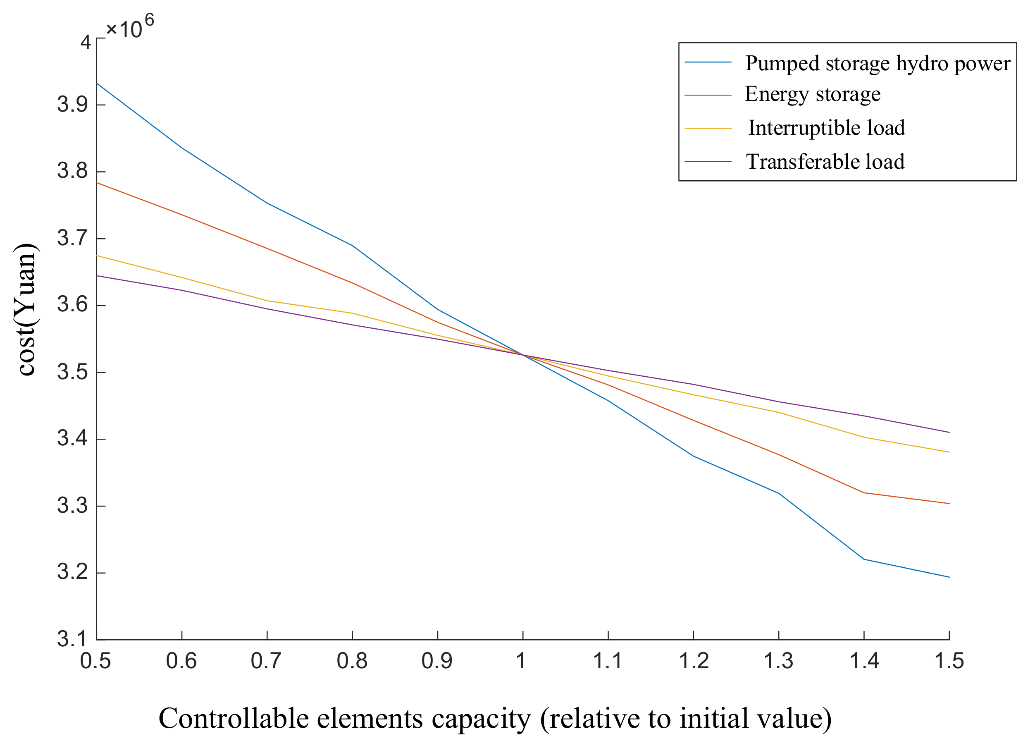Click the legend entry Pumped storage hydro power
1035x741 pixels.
coord(877,63)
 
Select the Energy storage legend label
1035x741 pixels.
coord(812,94)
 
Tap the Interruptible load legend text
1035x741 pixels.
coord(827,128)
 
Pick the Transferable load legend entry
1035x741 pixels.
coord(825,162)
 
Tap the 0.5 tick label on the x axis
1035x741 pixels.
coord(95,661)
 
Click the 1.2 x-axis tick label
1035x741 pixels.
coord(694,661)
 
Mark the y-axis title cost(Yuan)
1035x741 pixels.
coord(26,310)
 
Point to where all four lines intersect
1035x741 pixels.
coord(523,355)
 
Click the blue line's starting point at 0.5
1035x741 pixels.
coord(97,84)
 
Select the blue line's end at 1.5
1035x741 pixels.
coord(949,577)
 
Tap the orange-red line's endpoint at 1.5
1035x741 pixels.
coord(949,504)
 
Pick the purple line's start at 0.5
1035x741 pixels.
coord(97,275)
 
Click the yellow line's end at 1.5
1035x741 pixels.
coord(949,452)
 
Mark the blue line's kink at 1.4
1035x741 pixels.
coord(864,559)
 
